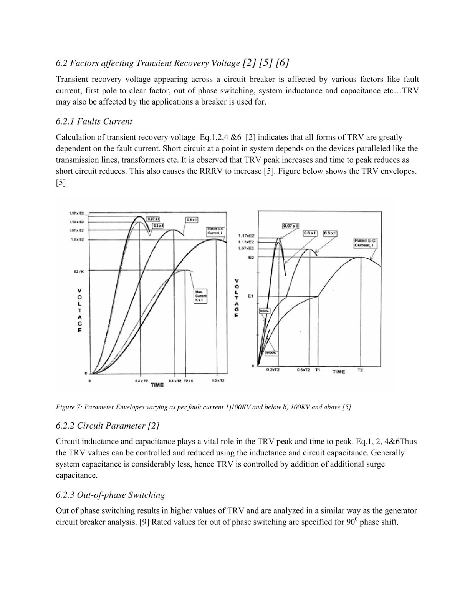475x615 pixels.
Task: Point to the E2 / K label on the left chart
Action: pyautogui.click(x=78, y=271)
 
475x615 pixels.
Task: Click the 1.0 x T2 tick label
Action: pyautogui.click(x=218, y=381)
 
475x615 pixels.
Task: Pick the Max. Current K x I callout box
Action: pyautogui.click(x=200, y=296)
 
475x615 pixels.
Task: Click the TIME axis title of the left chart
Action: pyautogui.click(x=157, y=385)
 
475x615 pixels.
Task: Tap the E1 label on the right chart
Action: pyautogui.click(x=250, y=296)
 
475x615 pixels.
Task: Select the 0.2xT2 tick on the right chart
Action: pyautogui.click(x=273, y=370)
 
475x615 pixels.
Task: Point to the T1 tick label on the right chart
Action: pyautogui.click(x=318, y=370)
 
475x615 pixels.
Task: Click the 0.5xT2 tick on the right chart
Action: pyautogui.click(x=303, y=370)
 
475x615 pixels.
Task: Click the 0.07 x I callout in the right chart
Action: pyautogui.click(x=291, y=226)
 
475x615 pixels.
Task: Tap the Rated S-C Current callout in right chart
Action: pyautogui.click(x=365, y=243)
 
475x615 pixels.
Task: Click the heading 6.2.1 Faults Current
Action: pyautogui.click(x=94, y=121)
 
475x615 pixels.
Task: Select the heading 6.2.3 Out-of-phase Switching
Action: pyautogui.click(x=110, y=495)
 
